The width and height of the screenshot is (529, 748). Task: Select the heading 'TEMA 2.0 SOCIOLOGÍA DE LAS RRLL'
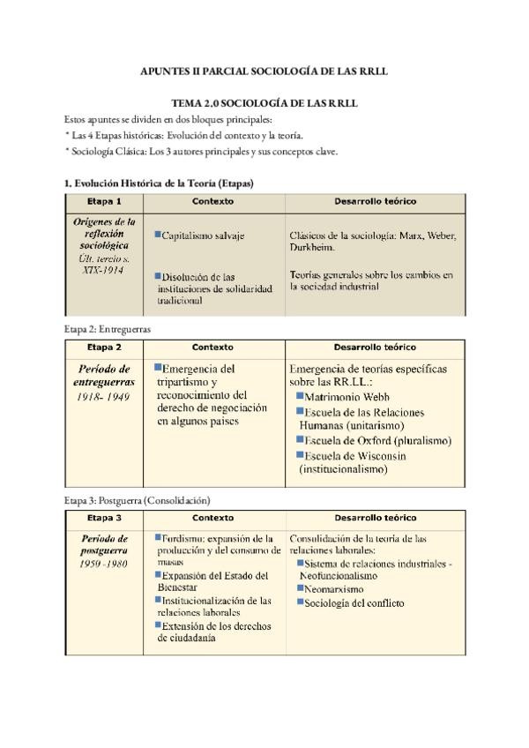264,103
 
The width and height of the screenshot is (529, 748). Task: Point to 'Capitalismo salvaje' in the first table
203,236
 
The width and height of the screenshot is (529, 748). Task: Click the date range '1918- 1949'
103,397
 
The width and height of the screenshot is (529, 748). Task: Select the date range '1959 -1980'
103,563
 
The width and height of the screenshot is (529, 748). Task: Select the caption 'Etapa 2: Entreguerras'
108,329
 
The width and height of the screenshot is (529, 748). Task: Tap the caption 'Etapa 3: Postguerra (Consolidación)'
137,500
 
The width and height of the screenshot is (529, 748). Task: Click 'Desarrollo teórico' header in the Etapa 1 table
376,202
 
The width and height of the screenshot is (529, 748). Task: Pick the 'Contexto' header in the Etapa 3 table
212,518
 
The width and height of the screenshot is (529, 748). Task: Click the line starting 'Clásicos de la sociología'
373,236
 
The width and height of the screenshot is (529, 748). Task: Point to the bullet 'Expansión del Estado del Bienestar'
214,580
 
